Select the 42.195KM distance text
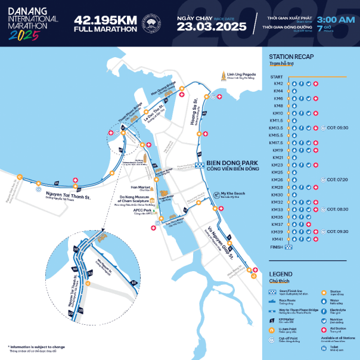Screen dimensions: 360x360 point(101,19)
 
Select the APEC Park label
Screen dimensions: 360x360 point(141,210)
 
